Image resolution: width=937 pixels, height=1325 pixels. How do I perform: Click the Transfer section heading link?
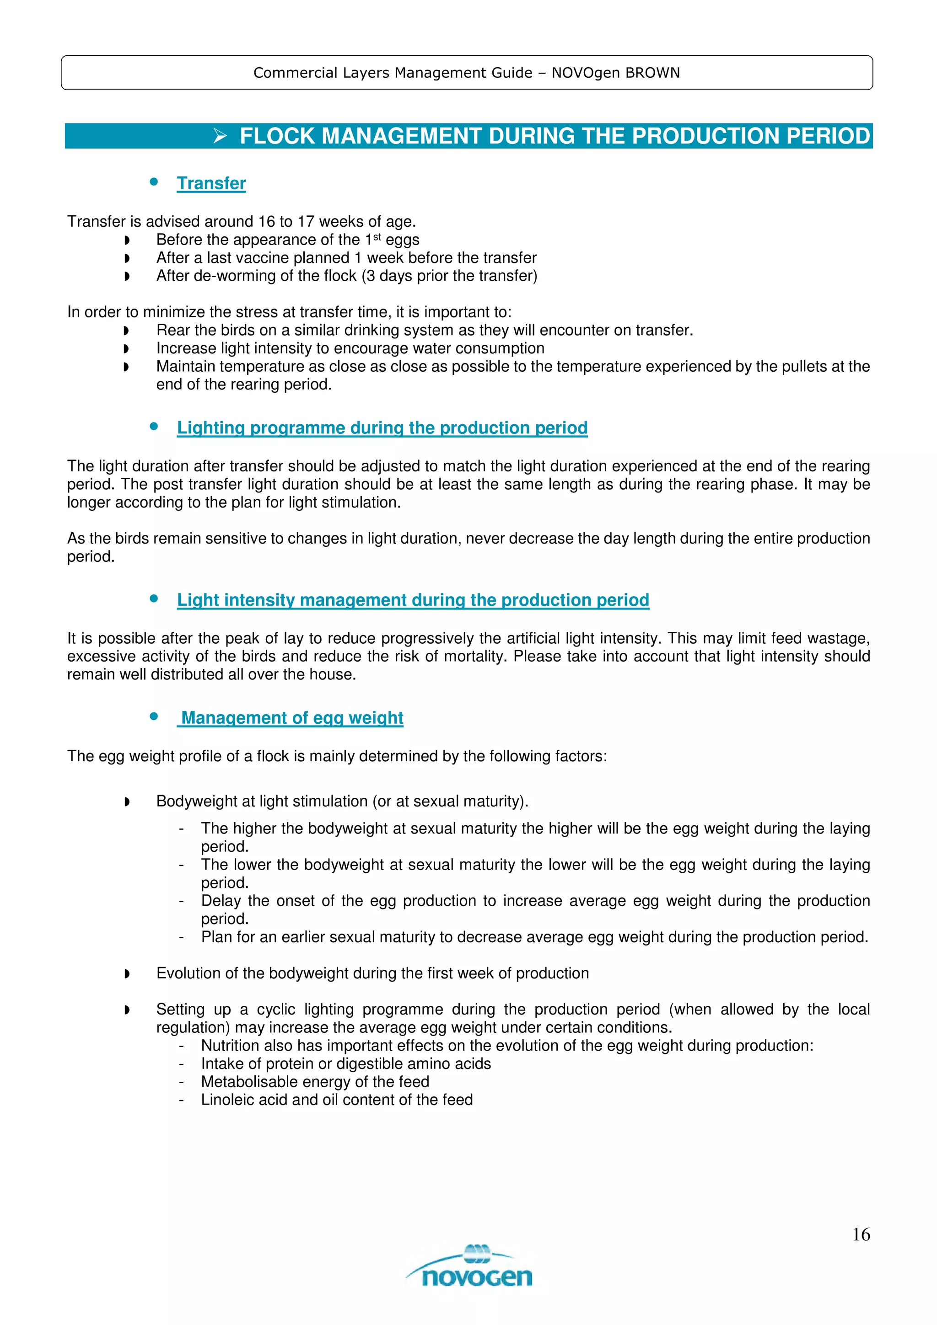pos(211,183)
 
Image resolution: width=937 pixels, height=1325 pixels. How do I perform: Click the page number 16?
pos(860,1234)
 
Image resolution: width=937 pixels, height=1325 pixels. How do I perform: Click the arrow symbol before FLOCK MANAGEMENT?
pos(220,136)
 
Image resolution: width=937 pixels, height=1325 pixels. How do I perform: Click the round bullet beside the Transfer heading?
pos(154,182)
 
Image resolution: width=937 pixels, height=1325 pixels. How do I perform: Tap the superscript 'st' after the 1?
pos(377,237)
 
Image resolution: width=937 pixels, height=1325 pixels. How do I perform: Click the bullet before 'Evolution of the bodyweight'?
pos(127,974)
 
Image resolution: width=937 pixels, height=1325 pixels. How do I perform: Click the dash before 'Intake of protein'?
pos(181,1063)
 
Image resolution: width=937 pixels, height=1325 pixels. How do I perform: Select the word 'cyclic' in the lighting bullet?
pos(276,1010)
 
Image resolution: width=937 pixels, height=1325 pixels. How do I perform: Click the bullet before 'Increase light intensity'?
pos(127,349)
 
